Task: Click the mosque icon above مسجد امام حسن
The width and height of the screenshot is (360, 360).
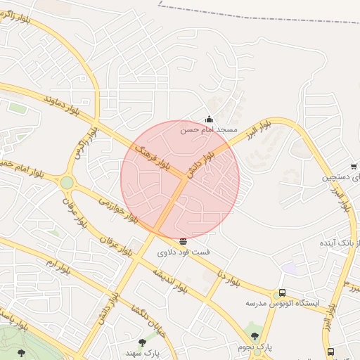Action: coord(209,120)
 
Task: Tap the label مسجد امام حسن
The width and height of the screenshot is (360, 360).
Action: coord(209,130)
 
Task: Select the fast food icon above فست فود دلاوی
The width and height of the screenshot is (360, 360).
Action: coord(184,241)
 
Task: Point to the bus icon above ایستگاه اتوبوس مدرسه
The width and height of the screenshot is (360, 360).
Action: coord(282,293)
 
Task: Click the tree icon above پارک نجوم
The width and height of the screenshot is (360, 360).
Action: coord(255,336)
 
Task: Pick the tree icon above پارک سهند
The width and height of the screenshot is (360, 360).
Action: coord(143,342)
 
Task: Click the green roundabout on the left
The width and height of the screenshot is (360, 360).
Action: coord(67,183)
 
